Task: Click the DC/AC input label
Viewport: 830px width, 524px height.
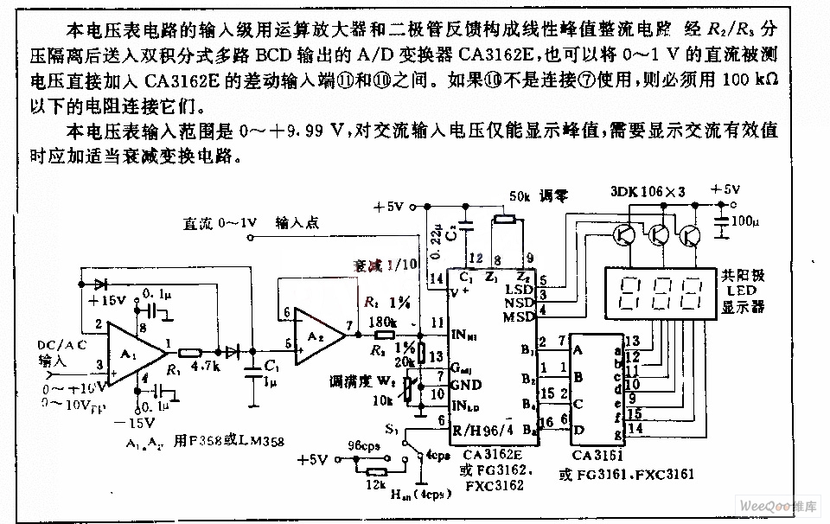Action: click(62, 345)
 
